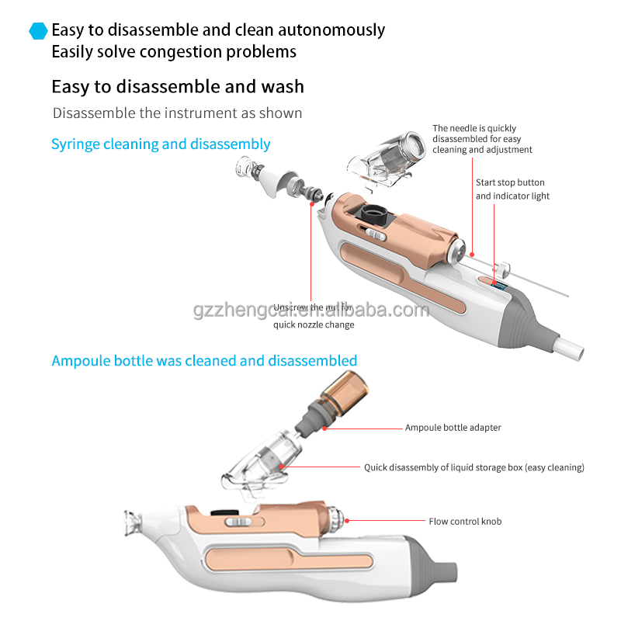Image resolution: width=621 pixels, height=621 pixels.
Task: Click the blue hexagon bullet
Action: [x=38, y=30]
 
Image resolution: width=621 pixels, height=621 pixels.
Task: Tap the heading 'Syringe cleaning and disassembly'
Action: [x=161, y=144]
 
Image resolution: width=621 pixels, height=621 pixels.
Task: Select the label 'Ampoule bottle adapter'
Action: [x=453, y=428]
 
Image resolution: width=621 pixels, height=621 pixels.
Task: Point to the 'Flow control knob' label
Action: [x=465, y=521]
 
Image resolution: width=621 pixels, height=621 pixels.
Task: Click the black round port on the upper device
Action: [x=373, y=214]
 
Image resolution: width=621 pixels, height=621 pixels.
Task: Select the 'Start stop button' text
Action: [x=510, y=182]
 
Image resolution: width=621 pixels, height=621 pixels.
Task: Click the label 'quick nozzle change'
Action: [x=314, y=324]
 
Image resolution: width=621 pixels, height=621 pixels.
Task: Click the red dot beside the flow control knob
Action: [x=347, y=521]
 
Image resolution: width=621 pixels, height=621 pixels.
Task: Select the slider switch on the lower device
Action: [x=238, y=522]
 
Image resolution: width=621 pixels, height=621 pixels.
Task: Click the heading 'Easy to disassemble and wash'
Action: [x=178, y=86]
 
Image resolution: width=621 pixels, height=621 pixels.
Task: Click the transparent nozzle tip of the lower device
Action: [x=133, y=522]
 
